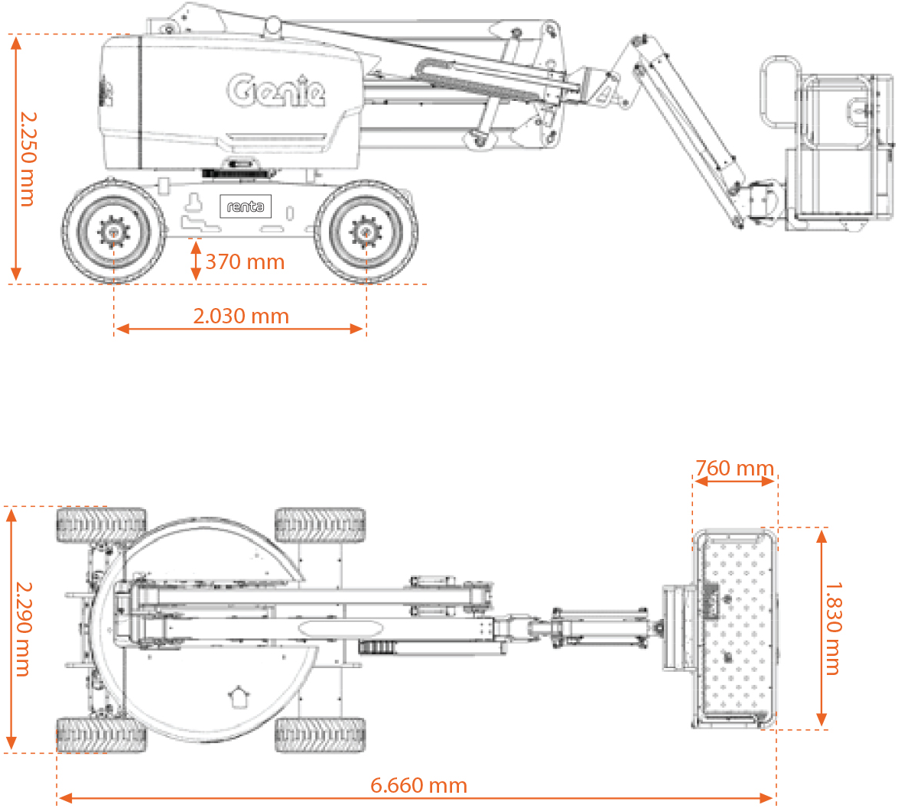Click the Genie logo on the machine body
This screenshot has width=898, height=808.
point(277,90)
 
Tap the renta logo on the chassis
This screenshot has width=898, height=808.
point(246,206)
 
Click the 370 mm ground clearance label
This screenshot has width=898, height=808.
point(245,261)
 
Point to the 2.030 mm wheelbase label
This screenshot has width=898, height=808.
point(241,316)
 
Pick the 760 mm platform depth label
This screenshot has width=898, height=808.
point(735,468)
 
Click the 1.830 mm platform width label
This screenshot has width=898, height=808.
point(833,628)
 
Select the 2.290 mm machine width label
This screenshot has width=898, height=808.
point(23,629)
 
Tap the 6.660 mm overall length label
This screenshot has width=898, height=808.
point(418,785)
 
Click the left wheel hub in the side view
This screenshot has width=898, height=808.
point(114,232)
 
